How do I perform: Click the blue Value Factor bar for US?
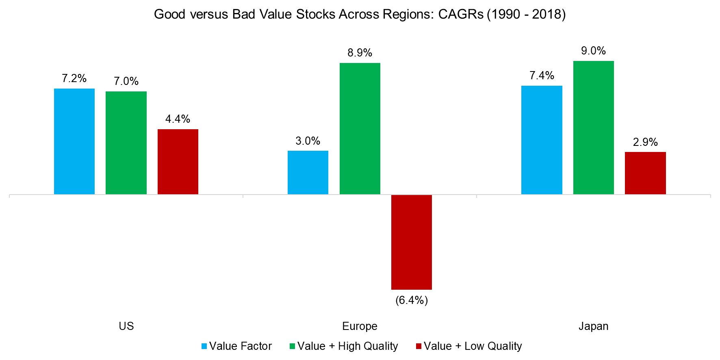74,141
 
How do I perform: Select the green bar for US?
126,143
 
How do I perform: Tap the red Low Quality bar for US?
178,162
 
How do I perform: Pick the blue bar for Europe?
308,173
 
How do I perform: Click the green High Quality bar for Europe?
360,129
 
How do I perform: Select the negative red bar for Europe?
412,242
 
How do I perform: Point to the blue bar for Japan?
542,140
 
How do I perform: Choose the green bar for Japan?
594,128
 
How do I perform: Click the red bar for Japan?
645,173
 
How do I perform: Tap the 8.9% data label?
360,53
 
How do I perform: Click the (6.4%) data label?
412,300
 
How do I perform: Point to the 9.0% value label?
594,51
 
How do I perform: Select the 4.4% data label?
178,119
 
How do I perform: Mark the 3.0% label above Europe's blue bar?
308,141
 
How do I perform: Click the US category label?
126,326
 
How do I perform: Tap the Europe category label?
360,326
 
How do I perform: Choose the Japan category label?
594,326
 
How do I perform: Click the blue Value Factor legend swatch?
204,346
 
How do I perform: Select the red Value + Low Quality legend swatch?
419,346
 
